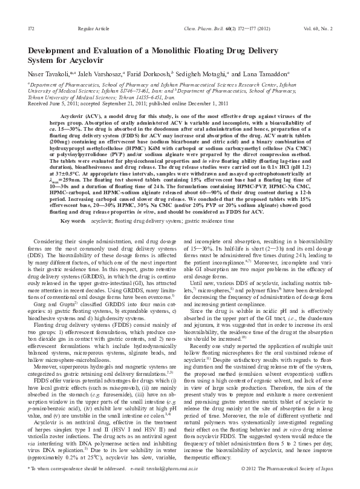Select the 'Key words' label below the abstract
click(73, 222)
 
